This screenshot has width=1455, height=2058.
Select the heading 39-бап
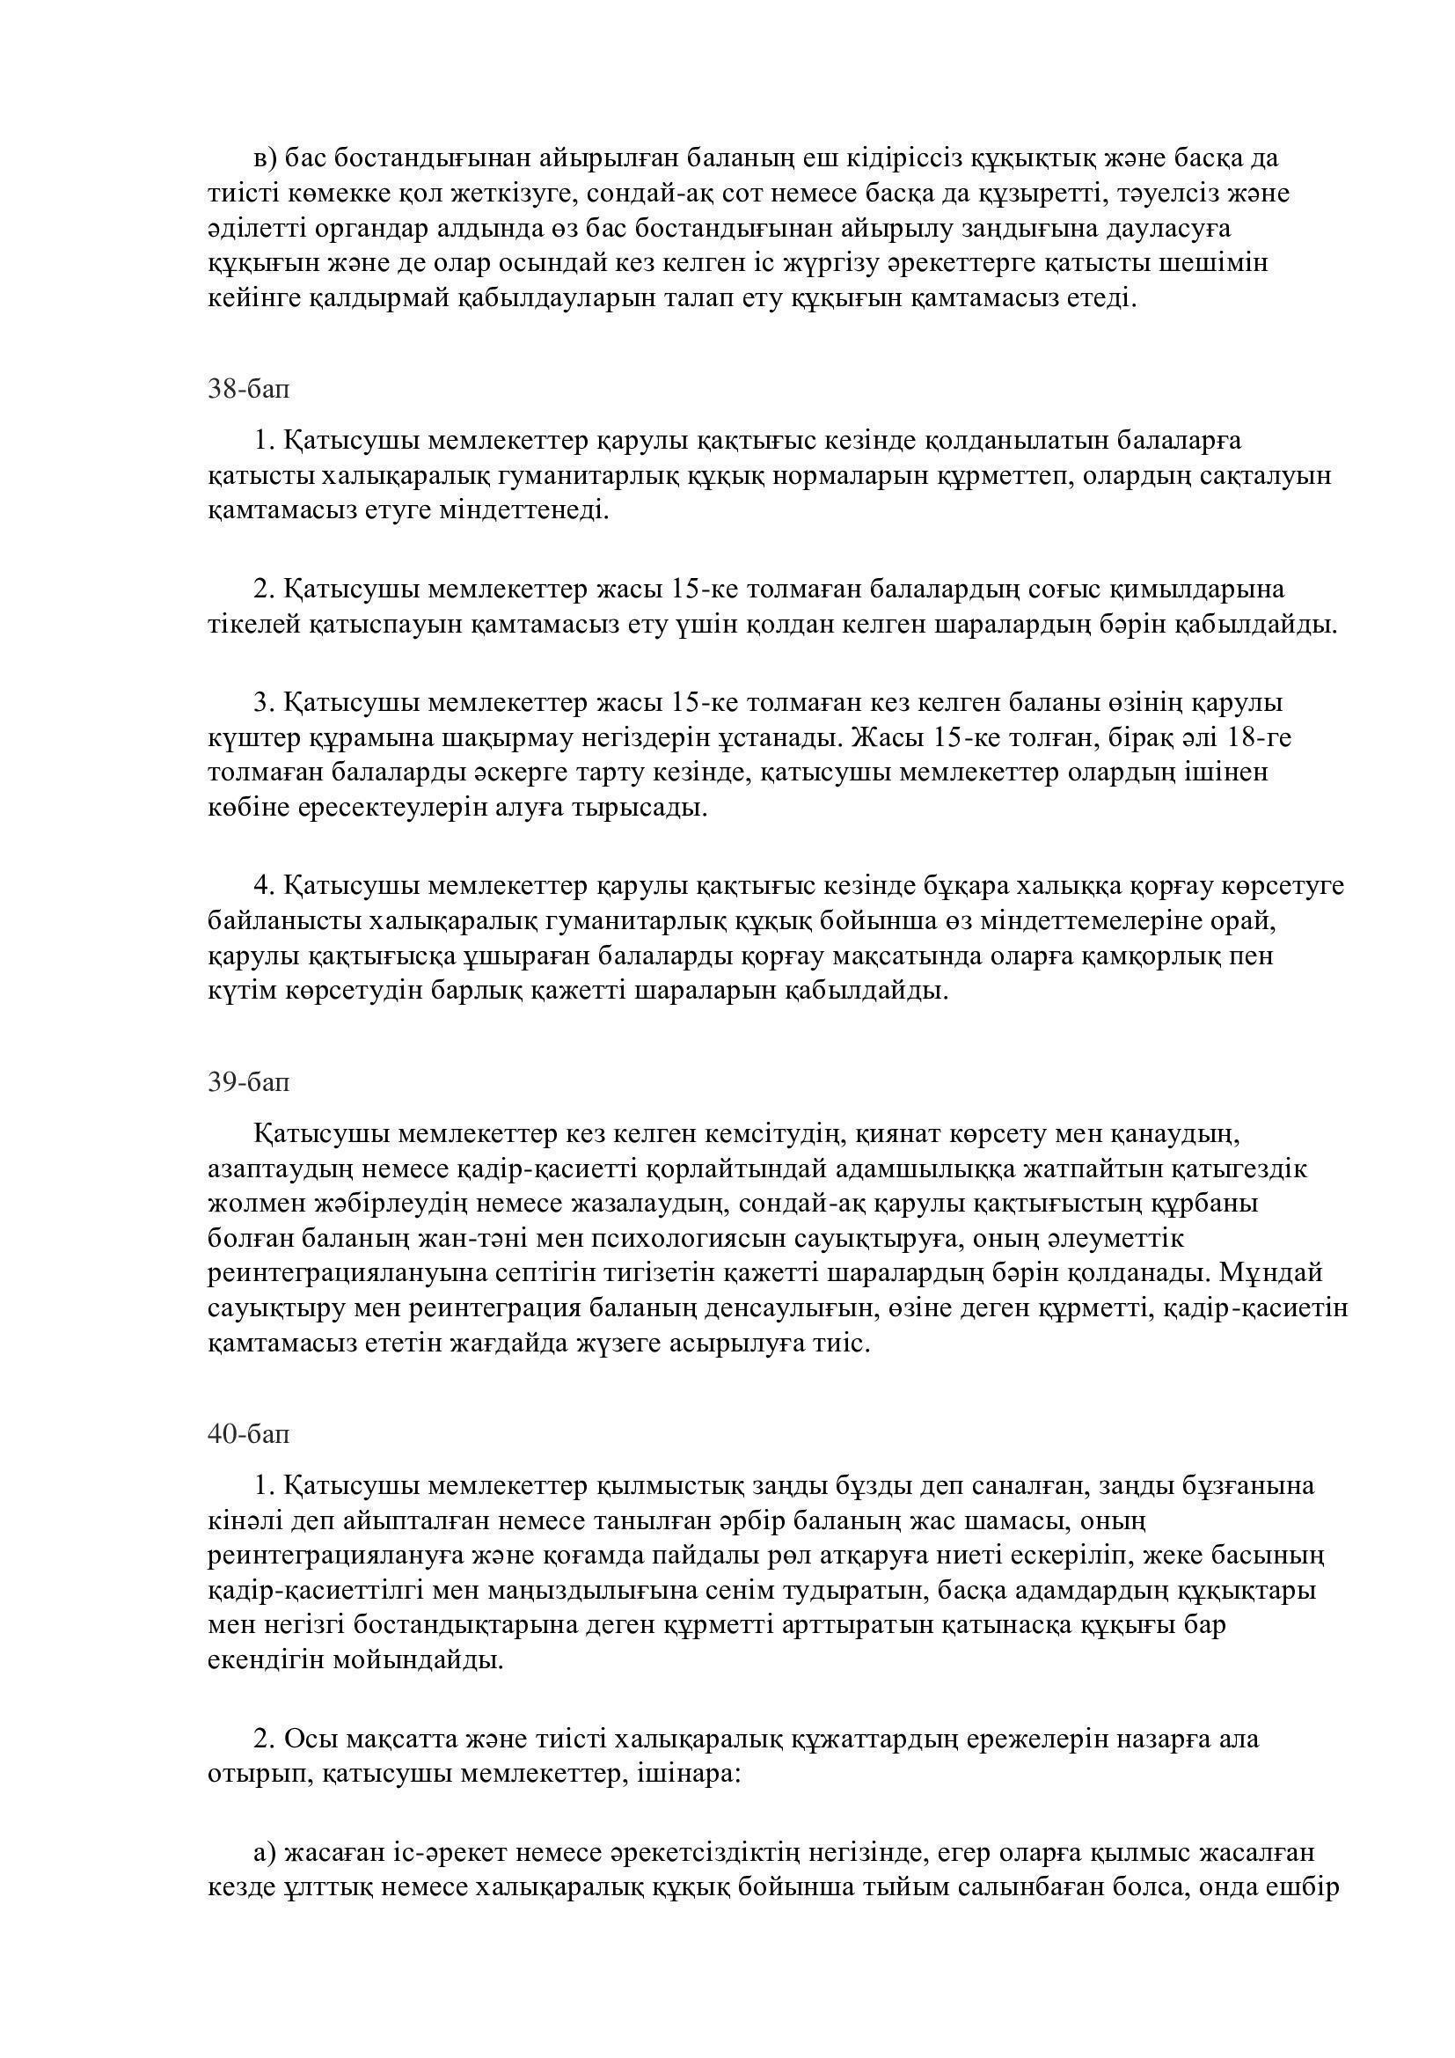point(249,1082)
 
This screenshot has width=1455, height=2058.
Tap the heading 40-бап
point(249,1434)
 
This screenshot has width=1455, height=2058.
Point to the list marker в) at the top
point(267,158)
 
